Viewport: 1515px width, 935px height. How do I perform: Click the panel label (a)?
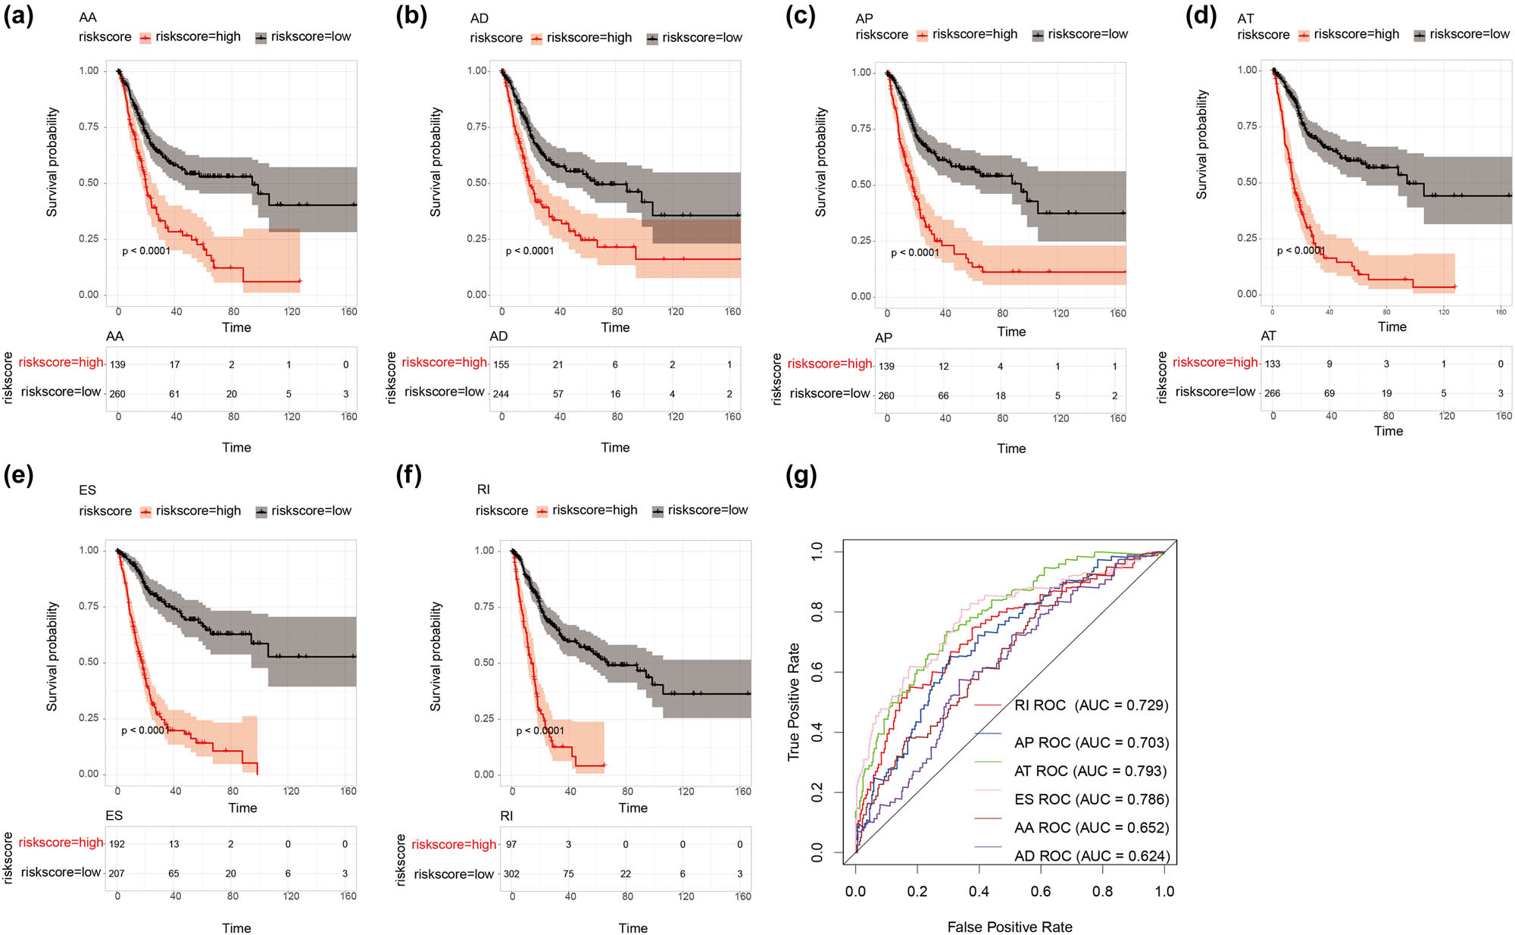click(18, 17)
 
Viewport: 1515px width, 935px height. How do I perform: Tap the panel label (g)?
click(801, 476)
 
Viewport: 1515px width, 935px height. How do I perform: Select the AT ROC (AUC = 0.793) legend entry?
click(1090, 771)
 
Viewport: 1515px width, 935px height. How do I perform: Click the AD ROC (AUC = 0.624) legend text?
click(1092, 856)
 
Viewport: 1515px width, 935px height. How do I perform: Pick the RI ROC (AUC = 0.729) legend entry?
click(1091, 705)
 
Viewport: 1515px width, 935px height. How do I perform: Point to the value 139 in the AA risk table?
click(117, 364)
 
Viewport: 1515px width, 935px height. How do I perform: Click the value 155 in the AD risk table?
click(501, 364)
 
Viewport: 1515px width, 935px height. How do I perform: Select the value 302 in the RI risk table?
click(511, 874)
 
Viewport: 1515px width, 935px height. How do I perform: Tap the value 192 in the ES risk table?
click(117, 844)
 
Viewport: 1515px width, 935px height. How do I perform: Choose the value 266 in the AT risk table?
click(1273, 393)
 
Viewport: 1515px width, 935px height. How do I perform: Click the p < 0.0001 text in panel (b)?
click(530, 251)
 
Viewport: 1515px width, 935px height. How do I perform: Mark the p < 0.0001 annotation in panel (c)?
click(915, 253)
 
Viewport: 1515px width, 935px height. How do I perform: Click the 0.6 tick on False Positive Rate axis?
click(1041, 892)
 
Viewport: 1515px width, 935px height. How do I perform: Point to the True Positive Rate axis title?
click(794, 702)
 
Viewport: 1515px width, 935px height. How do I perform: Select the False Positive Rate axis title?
click(1010, 927)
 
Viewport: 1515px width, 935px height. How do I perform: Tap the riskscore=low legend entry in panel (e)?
click(311, 511)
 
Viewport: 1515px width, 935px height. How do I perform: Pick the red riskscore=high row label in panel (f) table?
click(454, 844)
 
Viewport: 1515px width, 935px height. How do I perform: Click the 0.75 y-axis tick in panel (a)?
click(89, 127)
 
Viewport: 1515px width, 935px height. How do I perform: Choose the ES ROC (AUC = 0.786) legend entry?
click(1092, 799)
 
